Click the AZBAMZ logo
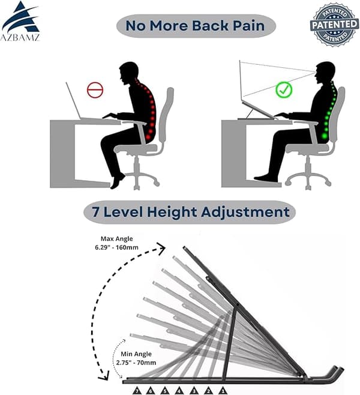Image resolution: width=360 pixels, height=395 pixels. click(20, 21)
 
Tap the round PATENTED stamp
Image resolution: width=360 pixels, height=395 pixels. click(335, 25)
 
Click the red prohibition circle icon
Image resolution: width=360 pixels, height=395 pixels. click(95, 89)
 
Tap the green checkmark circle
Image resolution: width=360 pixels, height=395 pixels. click(284, 89)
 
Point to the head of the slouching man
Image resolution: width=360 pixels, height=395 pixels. click(129, 73)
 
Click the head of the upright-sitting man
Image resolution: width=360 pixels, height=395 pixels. click(325, 73)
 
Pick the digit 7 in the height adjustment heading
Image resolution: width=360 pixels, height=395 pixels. click(95, 212)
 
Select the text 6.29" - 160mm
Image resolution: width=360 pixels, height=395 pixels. click(116, 247)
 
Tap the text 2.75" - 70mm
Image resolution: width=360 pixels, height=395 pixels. click(136, 363)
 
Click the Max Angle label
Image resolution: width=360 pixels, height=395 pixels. click(117, 239)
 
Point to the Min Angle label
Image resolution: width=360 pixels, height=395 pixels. click(136, 354)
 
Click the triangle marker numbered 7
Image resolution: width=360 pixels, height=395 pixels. click(137, 390)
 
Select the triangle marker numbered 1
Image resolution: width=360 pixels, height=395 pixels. click(223, 390)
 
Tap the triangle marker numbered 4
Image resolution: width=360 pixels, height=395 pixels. click(179, 390)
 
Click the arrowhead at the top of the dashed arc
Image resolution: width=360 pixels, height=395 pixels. click(161, 248)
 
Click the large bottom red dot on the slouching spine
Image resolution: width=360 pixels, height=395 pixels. click(148, 137)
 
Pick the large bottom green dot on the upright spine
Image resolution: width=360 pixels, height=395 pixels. click(325, 136)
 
